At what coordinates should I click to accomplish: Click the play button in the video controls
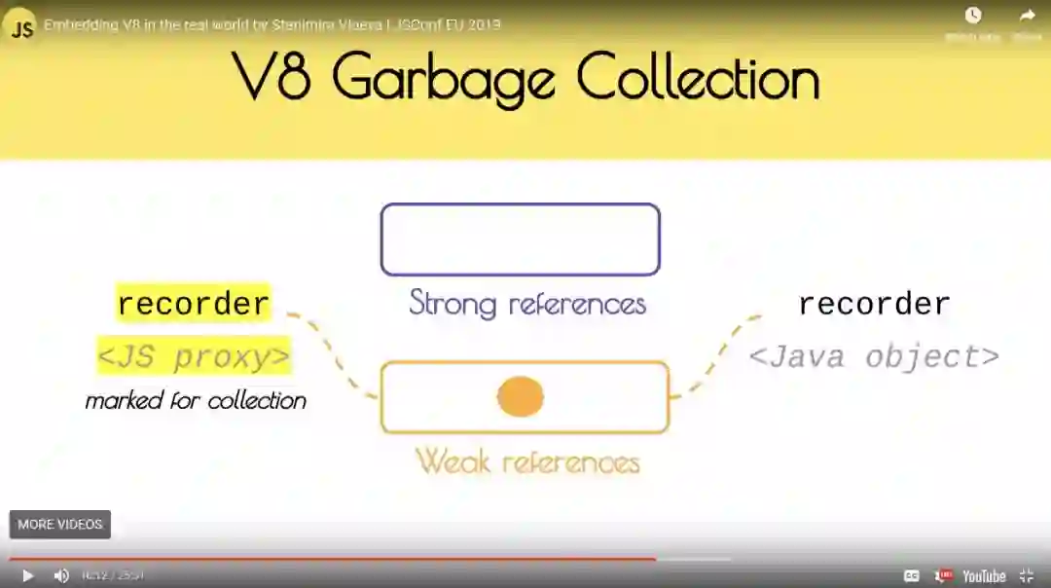point(27,575)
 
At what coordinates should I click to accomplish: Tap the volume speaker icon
point(61,575)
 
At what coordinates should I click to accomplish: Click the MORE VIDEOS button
point(60,525)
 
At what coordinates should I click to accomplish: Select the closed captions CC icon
point(911,575)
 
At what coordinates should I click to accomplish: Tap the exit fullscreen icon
point(1026,575)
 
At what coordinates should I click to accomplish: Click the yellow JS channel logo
point(21,27)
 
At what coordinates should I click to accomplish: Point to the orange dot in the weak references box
point(521,397)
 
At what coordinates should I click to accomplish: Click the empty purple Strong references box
point(521,239)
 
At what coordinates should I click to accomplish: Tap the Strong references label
point(527,303)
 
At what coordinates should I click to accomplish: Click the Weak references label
point(527,460)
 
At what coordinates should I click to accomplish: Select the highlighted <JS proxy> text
point(195,357)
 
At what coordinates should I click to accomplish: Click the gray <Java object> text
point(874,356)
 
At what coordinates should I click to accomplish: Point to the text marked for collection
point(196,400)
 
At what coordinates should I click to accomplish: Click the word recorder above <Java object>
point(874,304)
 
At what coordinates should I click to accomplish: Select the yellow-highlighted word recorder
point(193,304)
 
